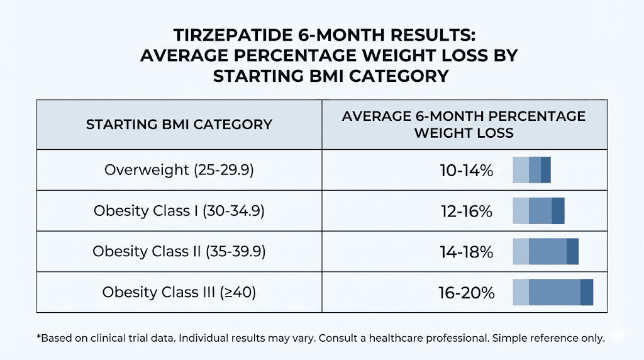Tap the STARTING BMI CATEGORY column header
tap(179, 124)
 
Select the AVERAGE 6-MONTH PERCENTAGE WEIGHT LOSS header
tap(464, 124)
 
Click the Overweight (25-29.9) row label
tap(179, 170)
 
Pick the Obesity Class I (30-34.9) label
tap(179, 211)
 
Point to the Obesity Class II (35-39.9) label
tap(179, 252)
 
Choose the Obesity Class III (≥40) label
tap(179, 293)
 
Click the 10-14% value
tap(466, 170)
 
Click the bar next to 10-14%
tap(531, 170)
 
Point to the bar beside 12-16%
tap(538, 211)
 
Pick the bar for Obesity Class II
tap(545, 252)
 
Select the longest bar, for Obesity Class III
tap(553, 293)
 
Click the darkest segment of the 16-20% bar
tap(586, 293)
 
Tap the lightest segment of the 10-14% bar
tap(521, 170)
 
